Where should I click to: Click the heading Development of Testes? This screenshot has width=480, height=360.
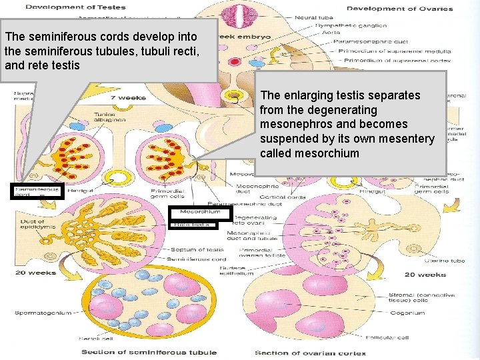click(x=74, y=7)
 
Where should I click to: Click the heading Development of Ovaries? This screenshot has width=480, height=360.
click(x=399, y=9)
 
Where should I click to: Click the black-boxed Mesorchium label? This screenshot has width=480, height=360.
click(x=199, y=212)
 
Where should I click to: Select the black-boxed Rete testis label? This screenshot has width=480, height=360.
click(x=193, y=225)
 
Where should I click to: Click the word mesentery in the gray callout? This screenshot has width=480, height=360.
click(x=407, y=139)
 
